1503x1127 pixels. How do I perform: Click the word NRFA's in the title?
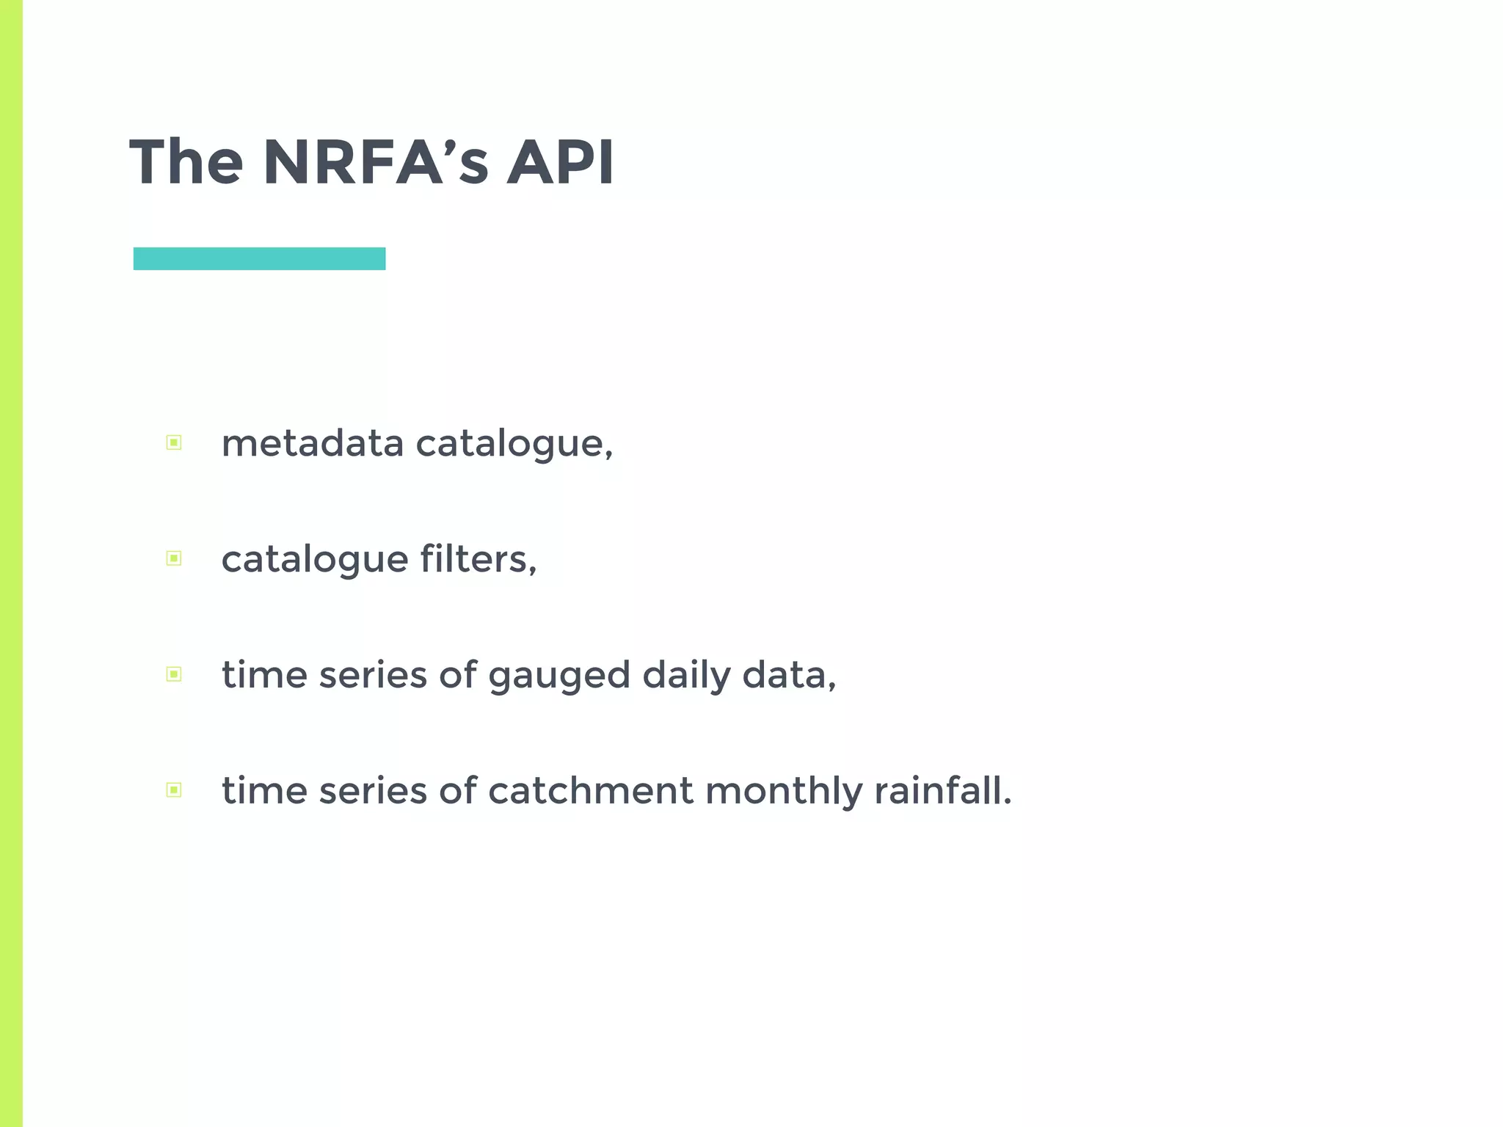coord(375,162)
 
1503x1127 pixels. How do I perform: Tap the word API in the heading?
coord(560,162)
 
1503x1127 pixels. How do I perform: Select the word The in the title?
coord(186,162)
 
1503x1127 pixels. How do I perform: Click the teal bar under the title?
coord(259,259)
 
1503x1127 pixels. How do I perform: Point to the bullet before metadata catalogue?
coord(174,442)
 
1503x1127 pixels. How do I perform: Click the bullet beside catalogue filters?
coord(174,558)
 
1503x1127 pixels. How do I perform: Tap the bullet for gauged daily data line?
coord(174,674)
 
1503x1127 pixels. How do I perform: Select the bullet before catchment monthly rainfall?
coord(174,790)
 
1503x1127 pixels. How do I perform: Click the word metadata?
coord(313,444)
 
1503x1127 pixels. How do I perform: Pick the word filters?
coord(478,559)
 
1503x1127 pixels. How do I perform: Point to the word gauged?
coord(559,676)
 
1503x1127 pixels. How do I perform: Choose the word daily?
coord(686,676)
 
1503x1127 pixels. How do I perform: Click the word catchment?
coord(590,791)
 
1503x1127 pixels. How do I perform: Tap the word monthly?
coord(783,792)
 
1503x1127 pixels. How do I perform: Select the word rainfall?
coord(943,791)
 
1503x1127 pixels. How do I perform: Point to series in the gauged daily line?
coord(373,675)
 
